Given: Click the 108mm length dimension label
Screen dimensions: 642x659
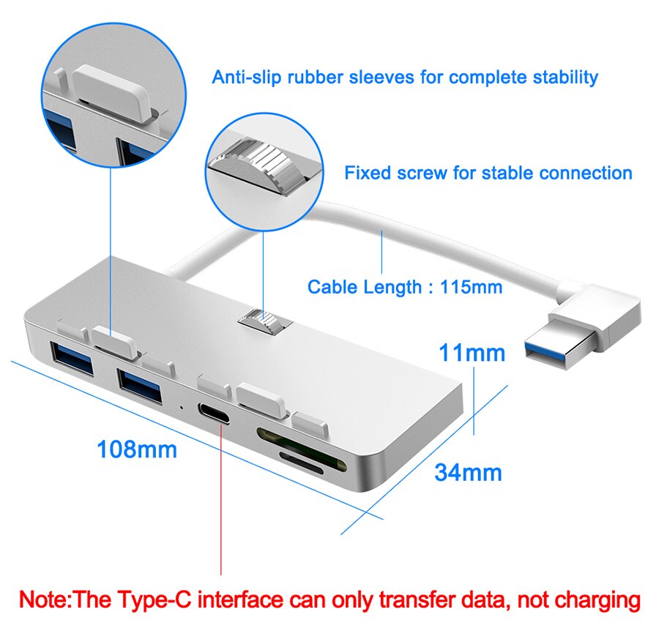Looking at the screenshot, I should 137,449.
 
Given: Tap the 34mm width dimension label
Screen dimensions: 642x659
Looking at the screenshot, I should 468,472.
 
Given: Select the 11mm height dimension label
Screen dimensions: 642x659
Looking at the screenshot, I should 472,353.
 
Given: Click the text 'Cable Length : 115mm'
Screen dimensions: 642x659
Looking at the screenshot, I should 404,286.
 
